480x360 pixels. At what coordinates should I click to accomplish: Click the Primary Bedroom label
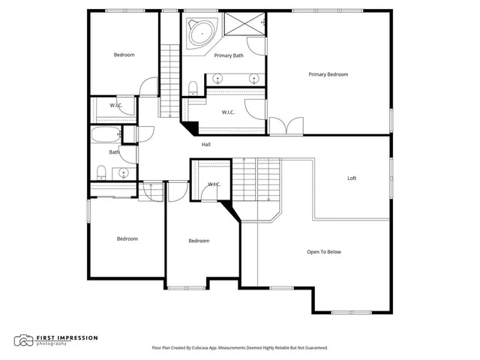(328, 74)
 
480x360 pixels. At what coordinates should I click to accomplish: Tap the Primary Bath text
(229, 55)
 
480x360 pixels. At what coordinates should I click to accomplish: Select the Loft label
(352, 178)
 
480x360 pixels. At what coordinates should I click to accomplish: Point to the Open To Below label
(324, 252)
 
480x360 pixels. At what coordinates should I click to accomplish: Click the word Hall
(205, 144)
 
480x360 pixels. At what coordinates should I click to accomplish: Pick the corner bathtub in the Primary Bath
(201, 33)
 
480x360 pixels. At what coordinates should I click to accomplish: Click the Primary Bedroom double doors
(285, 125)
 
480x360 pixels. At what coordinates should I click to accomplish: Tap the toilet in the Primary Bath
(193, 86)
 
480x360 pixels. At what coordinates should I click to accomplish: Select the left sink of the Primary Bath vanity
(218, 77)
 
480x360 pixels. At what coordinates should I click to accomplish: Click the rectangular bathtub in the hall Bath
(103, 136)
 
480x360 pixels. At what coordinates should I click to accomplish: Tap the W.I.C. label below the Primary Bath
(229, 112)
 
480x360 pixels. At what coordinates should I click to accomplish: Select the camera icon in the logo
(24, 340)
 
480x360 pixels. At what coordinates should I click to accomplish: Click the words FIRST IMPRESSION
(68, 337)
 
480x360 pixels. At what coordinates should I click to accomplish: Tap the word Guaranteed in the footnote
(313, 348)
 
